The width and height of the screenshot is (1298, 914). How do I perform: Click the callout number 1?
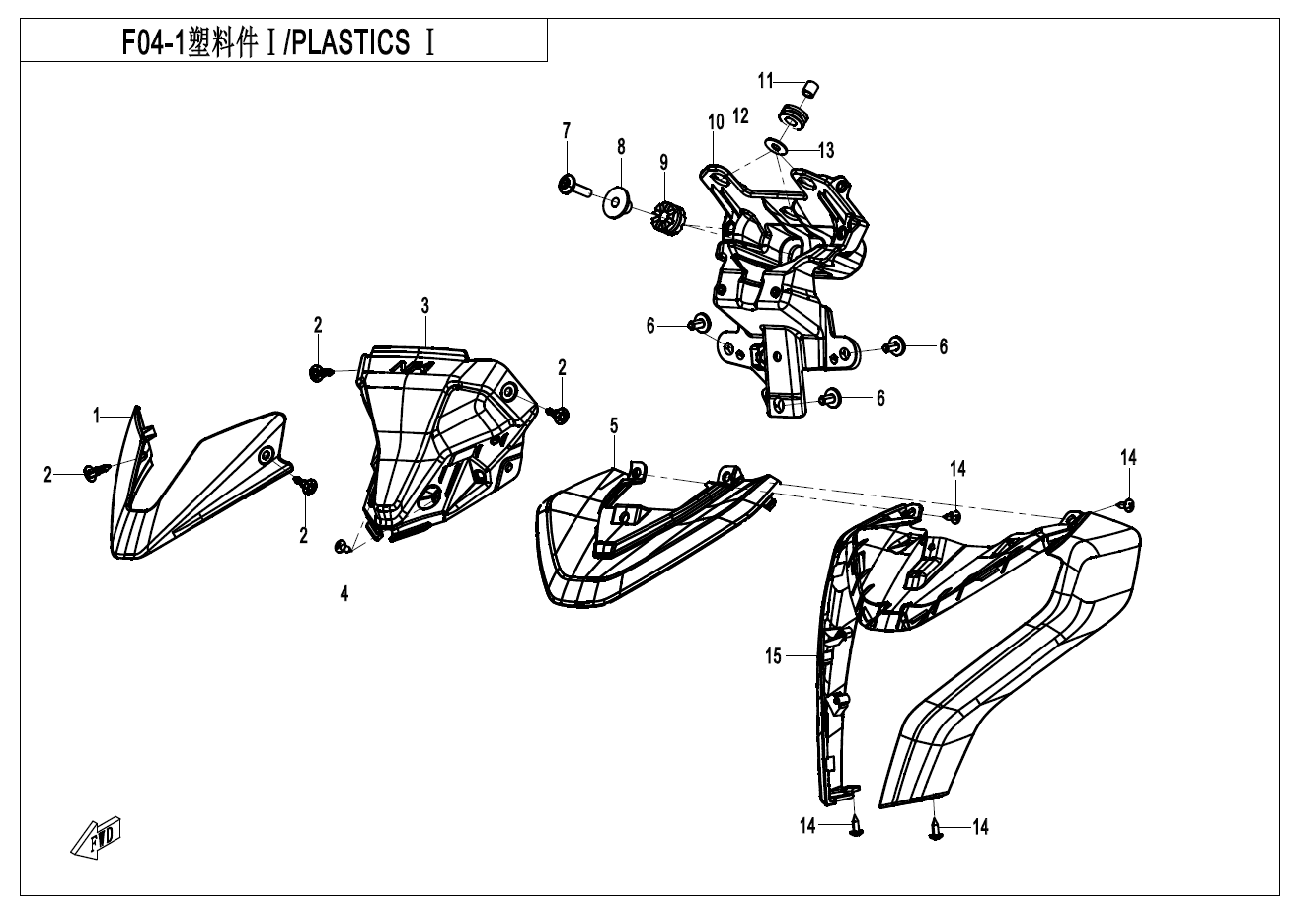pos(97,417)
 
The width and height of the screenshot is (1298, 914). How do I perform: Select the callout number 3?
pos(424,306)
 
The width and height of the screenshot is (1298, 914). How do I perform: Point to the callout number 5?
pos(614,425)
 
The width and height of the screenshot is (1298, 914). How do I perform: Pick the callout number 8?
pos(621,146)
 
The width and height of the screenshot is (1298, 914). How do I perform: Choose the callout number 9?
pos(664,161)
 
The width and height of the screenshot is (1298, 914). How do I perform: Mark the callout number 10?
pos(716,121)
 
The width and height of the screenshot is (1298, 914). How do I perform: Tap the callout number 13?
pos(825,150)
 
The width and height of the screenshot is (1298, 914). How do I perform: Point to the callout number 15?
pos(773,655)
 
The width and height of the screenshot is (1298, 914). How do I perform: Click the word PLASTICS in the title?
pos(350,43)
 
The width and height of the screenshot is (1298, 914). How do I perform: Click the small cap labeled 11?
pos(810,88)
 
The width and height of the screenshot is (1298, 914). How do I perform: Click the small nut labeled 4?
pos(343,547)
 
